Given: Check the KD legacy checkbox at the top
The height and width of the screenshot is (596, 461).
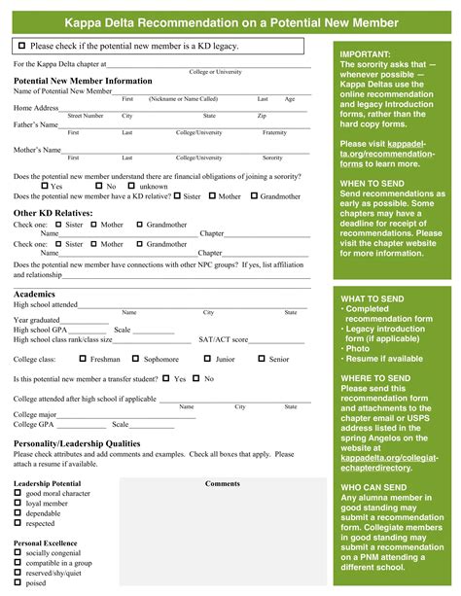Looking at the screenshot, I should coord(21,46).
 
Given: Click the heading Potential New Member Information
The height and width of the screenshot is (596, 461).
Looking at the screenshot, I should coord(83,81).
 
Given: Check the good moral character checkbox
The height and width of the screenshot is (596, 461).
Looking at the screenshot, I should coord(18,493).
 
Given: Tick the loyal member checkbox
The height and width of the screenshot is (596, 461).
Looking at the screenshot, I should coord(18,504).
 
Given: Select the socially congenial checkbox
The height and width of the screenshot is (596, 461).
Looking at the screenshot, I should coord(18,551).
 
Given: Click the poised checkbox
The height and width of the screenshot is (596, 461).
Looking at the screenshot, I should coord(18,583).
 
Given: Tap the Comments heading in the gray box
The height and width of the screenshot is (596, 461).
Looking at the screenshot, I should coord(223,483).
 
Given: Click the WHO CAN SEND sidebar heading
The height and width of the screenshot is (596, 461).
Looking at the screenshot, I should coord(373,486).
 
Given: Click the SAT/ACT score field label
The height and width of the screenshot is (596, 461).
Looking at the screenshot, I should coord(224,340).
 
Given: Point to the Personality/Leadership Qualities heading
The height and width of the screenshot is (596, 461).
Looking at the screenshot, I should coord(77,442).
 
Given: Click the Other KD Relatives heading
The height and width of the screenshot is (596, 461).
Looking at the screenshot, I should coord(53,212).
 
